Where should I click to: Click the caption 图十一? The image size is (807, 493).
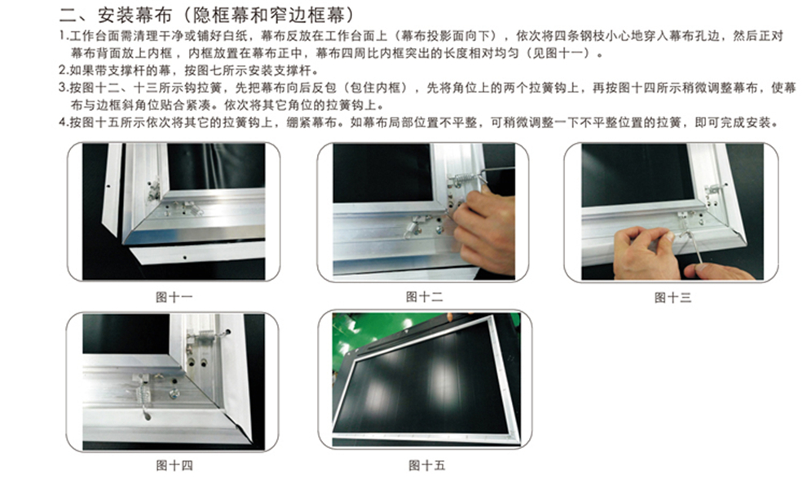[174, 297]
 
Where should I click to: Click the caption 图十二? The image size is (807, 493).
[424, 297]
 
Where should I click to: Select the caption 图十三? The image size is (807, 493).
[672, 298]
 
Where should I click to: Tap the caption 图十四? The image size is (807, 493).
[174, 466]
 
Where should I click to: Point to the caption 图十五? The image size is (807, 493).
[426, 466]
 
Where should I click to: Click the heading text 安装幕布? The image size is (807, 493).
[134, 15]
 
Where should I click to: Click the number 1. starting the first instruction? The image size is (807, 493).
[64, 36]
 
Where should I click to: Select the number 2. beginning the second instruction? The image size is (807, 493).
[64, 70]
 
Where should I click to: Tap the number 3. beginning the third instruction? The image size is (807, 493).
[64, 87]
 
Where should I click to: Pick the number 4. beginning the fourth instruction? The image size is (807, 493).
[64, 122]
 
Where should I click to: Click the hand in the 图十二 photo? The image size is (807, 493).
[483, 229]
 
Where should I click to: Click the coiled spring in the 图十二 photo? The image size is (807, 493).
[461, 180]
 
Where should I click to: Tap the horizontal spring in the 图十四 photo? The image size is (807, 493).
[206, 337]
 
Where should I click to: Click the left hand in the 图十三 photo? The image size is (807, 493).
[644, 252]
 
